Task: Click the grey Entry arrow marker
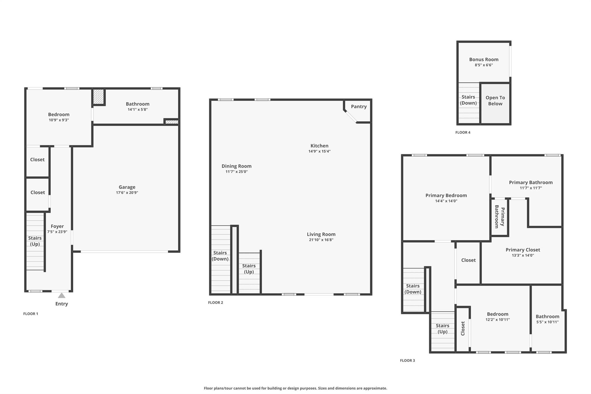pyautogui.click(x=61, y=295)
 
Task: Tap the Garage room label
pyautogui.click(x=127, y=187)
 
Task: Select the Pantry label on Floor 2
pyautogui.click(x=359, y=107)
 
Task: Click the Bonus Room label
pyautogui.click(x=484, y=59)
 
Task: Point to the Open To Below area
pyautogui.click(x=495, y=104)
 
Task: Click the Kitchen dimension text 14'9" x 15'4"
pyautogui.click(x=319, y=151)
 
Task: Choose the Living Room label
pyautogui.click(x=321, y=234)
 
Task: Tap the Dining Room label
pyautogui.click(x=236, y=166)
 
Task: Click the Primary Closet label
pyautogui.click(x=523, y=250)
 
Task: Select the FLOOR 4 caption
pyautogui.click(x=463, y=132)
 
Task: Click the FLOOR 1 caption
pyautogui.click(x=31, y=314)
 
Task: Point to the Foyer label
pyautogui.click(x=57, y=226)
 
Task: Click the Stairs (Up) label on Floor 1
pyautogui.click(x=35, y=241)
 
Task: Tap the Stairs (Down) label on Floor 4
pyautogui.click(x=468, y=100)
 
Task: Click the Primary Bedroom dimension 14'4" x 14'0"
pyautogui.click(x=446, y=201)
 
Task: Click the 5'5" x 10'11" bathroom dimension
pyautogui.click(x=547, y=322)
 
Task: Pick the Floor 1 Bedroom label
pyautogui.click(x=59, y=115)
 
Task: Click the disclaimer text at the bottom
pyautogui.click(x=295, y=388)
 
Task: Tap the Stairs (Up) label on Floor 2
pyautogui.click(x=249, y=269)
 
